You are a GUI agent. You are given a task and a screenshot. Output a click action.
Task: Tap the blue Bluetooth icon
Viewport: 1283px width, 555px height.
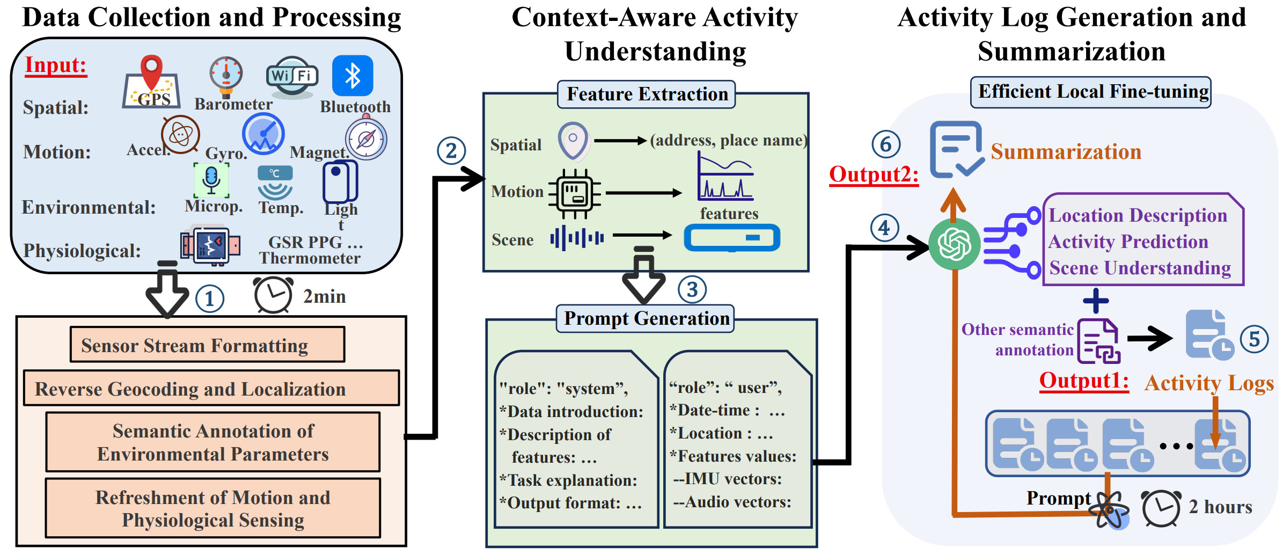pyautogui.click(x=353, y=76)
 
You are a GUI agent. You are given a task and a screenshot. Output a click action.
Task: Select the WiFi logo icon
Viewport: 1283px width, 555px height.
pyautogui.click(x=292, y=76)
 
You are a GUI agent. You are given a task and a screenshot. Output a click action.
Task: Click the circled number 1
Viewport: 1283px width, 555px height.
pyautogui.click(x=209, y=299)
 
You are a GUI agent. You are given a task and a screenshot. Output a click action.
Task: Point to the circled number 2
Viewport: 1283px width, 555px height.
pyautogui.click(x=451, y=151)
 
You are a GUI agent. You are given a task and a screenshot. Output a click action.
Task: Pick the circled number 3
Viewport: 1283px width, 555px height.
pyautogui.click(x=692, y=290)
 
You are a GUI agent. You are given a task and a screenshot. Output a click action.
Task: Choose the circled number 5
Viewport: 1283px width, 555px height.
pyautogui.click(x=1254, y=339)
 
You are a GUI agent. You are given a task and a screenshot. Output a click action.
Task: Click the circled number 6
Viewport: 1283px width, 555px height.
pyautogui.click(x=886, y=144)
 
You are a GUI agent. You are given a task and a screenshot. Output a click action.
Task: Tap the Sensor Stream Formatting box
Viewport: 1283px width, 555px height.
pyautogui.click(x=207, y=345)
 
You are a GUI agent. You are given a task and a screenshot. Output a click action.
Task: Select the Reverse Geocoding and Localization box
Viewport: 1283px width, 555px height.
pyautogui.click(x=211, y=388)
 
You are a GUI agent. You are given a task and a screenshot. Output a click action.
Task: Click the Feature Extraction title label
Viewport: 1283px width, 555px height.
pyautogui.click(x=647, y=94)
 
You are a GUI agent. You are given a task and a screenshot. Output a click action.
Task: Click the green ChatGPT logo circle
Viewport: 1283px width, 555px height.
pyautogui.click(x=955, y=244)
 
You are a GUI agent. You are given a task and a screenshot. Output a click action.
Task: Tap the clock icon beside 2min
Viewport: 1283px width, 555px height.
pyautogui.click(x=273, y=295)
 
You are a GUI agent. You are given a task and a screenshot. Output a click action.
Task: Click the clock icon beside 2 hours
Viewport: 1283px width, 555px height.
pyautogui.click(x=1161, y=508)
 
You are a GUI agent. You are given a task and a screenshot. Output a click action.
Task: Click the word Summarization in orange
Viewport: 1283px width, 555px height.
pyautogui.click(x=1065, y=152)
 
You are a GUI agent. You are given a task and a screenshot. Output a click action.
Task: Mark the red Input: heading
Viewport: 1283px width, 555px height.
pyautogui.click(x=56, y=65)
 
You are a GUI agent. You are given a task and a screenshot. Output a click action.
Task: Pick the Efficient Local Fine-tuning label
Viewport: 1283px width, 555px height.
pyautogui.click(x=1091, y=92)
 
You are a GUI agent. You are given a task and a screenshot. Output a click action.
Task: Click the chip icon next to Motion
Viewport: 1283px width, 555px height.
pyautogui.click(x=575, y=193)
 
